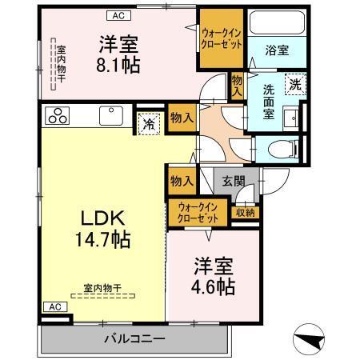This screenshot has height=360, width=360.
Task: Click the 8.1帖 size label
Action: click(x=119, y=65)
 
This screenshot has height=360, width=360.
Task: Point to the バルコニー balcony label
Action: click(x=134, y=338)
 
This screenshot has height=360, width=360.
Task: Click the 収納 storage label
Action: click(x=246, y=212)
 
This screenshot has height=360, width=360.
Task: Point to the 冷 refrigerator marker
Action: click(x=148, y=123)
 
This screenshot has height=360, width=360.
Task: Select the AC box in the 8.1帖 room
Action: click(x=117, y=15)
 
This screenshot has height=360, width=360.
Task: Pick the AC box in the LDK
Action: click(x=52, y=307)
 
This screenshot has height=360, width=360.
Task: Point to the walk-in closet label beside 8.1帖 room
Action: click(x=222, y=38)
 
